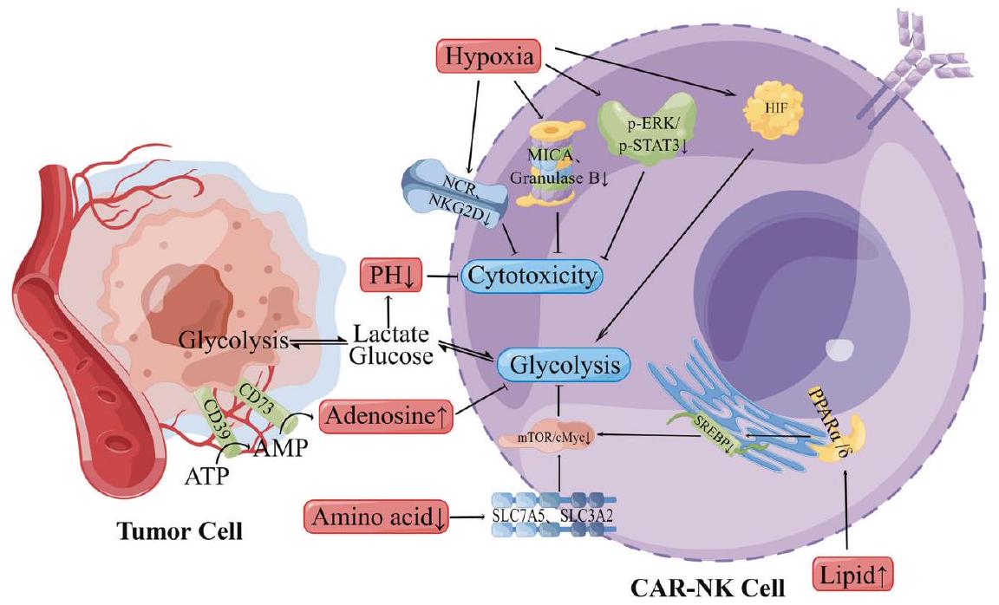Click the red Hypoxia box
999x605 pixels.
point(491,59)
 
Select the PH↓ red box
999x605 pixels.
point(388,275)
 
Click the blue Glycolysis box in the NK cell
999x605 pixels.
point(564,365)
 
